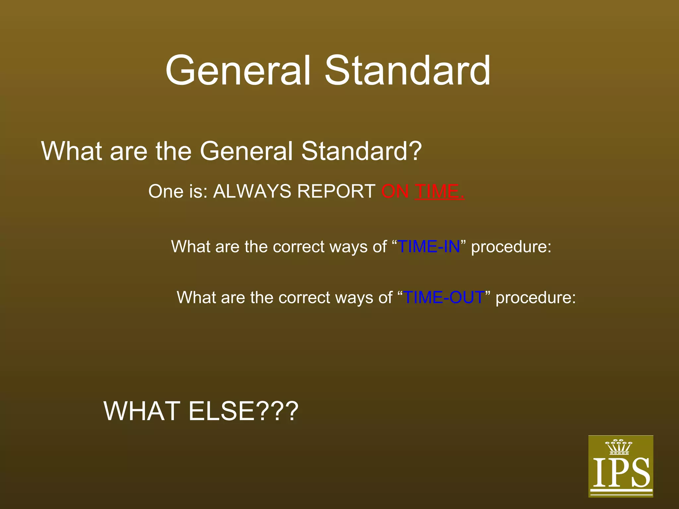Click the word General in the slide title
coord(238,71)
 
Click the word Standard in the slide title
coord(407,71)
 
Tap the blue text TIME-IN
coord(429,247)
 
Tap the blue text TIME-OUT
coord(444,298)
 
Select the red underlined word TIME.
coord(439,192)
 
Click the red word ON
coord(395,192)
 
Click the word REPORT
coord(336,192)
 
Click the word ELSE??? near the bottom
coord(243,411)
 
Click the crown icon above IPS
coord(619,447)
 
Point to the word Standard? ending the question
coord(361,151)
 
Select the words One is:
coord(178,192)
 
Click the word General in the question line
coord(246,151)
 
